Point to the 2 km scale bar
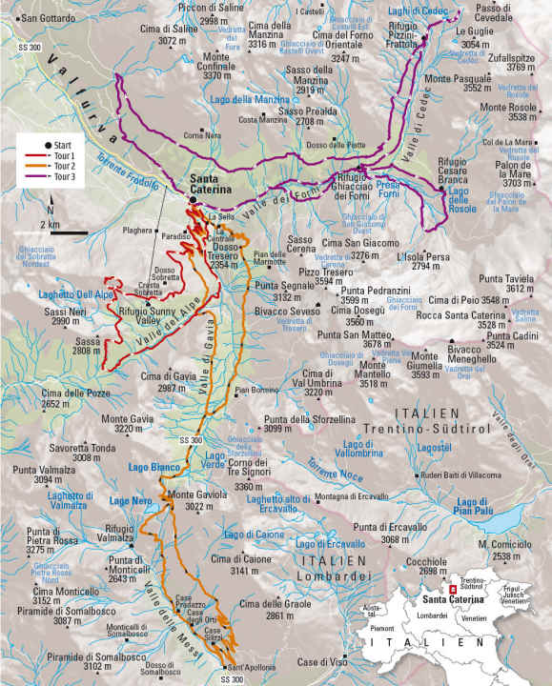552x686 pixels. pos(68,230)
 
